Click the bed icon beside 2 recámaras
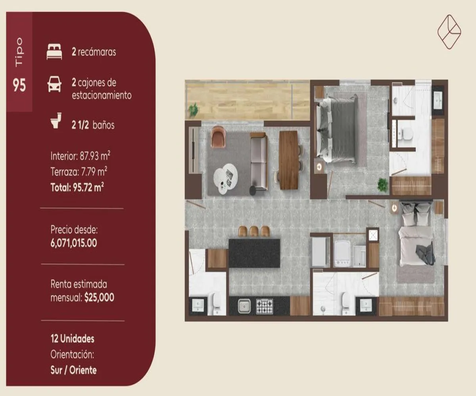point(54,52)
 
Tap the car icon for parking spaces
point(54,85)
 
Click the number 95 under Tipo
point(19,86)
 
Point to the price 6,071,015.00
point(74,243)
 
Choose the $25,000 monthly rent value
point(99,297)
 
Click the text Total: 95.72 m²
point(77,187)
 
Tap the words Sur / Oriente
point(74,370)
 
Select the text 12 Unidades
point(73,339)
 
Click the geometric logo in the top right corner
point(449,32)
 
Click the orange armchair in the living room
point(218,137)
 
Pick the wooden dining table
point(288,160)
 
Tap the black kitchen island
point(254,253)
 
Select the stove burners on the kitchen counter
point(265,306)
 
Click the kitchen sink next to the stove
point(244,306)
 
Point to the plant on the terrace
point(194,109)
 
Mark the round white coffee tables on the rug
point(225,177)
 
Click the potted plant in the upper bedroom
point(382,185)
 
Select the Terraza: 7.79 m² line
point(79,171)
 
